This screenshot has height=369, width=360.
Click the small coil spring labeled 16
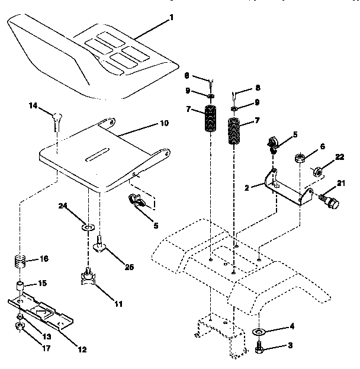point(21,259)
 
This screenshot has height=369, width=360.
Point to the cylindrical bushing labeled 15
point(21,288)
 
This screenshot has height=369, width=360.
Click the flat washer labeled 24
point(88,227)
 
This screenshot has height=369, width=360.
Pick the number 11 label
point(118,304)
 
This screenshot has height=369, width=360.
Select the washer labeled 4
point(261,330)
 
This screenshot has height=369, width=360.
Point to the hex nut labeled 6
point(300,159)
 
